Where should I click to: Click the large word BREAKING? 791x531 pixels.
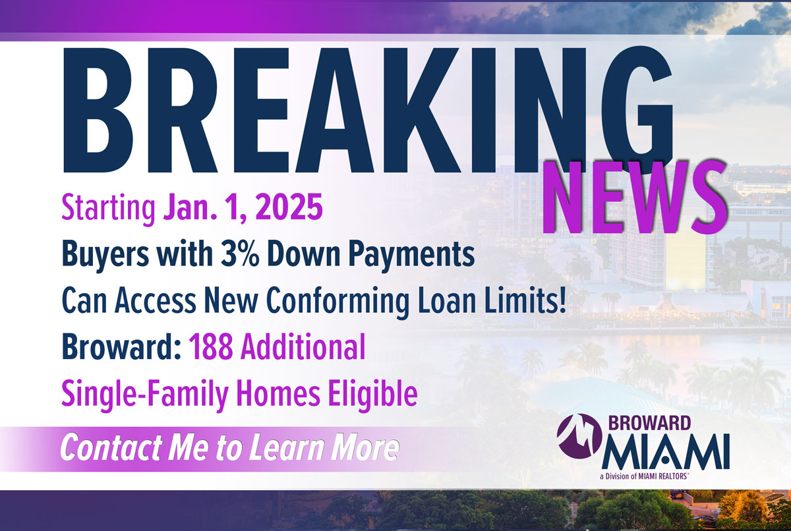(367, 110)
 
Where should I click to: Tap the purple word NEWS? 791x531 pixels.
(634, 198)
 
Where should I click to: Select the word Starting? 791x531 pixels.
(108, 208)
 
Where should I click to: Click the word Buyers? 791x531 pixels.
(105, 255)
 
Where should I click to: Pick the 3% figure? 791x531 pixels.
(240, 254)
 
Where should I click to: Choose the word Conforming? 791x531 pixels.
(337, 301)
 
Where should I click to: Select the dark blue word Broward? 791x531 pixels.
(122, 347)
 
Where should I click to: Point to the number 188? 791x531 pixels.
(211, 347)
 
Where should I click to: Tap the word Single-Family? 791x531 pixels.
(145, 395)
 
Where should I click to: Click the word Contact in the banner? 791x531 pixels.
(111, 448)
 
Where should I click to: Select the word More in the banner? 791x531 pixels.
(364, 448)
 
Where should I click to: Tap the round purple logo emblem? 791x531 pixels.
(580, 436)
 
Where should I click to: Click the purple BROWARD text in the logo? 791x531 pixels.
(649, 423)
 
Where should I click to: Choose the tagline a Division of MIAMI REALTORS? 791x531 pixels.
(644, 476)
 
